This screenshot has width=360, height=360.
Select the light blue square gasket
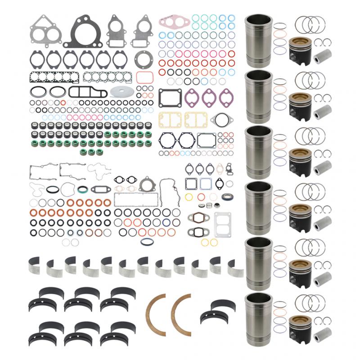click(206, 183)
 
